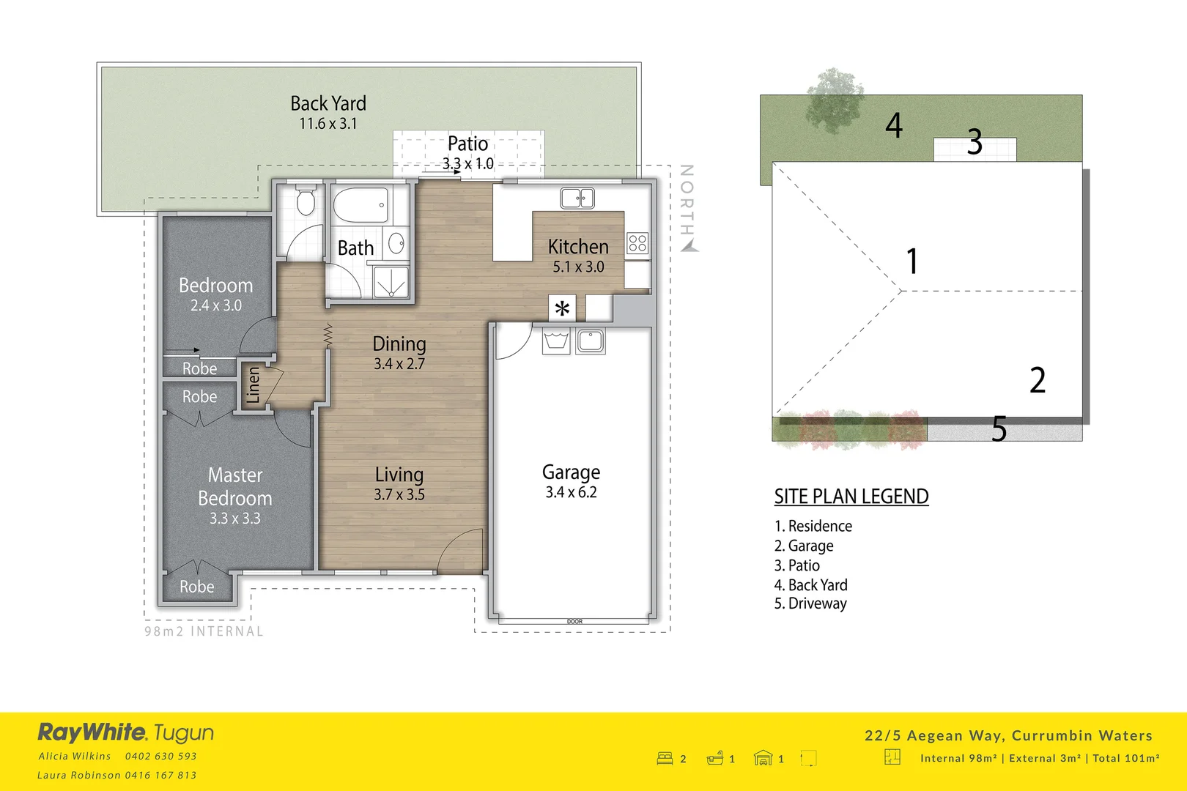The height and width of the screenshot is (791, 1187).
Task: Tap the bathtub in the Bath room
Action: tap(360, 206)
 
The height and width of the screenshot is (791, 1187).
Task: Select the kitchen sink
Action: tap(577, 198)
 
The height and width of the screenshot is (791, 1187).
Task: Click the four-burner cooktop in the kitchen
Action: tap(637, 243)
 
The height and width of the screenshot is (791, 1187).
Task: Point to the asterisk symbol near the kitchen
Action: tap(562, 309)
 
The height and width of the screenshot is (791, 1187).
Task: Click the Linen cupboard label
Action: tap(253, 385)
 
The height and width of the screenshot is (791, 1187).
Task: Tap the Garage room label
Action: tap(571, 472)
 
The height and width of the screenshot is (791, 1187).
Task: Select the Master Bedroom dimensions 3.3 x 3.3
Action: tap(234, 519)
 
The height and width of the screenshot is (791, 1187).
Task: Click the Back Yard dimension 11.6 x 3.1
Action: tap(328, 124)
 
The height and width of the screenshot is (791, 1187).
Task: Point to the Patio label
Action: tap(467, 144)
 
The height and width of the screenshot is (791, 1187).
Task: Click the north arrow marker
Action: tap(689, 246)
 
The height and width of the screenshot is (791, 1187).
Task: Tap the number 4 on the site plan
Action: tap(893, 125)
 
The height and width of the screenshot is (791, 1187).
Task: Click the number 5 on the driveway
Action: tap(999, 429)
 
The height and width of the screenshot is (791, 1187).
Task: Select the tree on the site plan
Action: tap(835, 98)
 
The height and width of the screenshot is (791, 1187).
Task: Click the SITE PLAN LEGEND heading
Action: tap(851, 497)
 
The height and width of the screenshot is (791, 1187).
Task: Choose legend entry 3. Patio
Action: tap(797, 565)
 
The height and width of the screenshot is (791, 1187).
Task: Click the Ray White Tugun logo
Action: tap(126, 732)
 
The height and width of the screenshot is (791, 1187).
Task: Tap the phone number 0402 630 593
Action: tap(160, 756)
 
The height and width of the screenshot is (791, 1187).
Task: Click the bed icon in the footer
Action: tap(665, 759)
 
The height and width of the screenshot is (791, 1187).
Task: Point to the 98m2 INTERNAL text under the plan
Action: tap(204, 631)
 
